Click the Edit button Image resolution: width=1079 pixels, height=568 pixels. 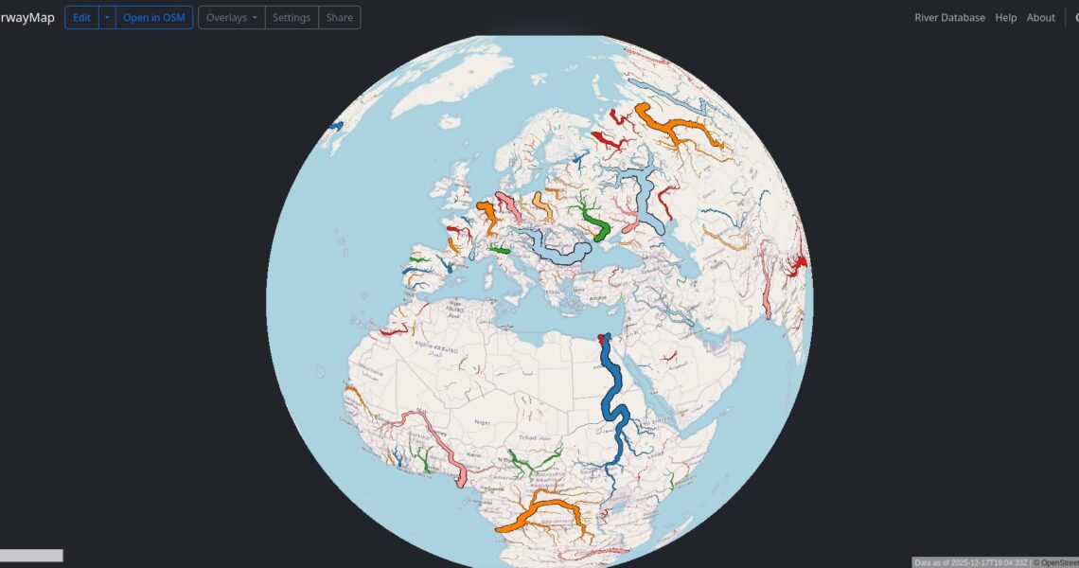click(81, 18)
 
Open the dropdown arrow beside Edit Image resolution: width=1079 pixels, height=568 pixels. click(107, 18)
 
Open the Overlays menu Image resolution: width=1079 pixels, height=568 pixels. click(231, 18)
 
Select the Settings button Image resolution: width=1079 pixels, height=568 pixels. click(292, 18)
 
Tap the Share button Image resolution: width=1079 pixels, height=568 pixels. click(339, 18)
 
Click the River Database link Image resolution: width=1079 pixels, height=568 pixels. click(949, 18)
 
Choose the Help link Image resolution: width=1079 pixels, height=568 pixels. click(1005, 18)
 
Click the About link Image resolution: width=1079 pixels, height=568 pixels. click(1040, 18)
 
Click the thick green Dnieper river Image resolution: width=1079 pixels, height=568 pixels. click(595, 224)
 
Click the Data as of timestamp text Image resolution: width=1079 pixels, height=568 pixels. click(970, 562)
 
